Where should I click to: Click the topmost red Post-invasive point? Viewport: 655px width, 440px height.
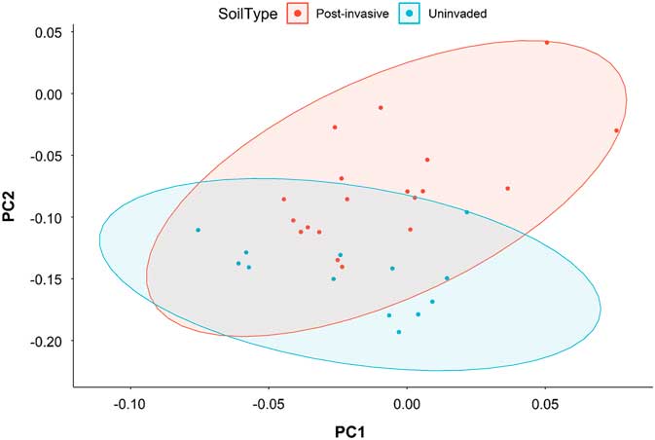pyautogui.click(x=547, y=43)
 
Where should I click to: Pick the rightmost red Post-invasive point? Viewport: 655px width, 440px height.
pyautogui.click(x=616, y=130)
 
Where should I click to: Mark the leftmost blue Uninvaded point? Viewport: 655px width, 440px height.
pyautogui.click(x=198, y=230)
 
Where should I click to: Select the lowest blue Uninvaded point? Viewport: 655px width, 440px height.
pyautogui.click(x=398, y=332)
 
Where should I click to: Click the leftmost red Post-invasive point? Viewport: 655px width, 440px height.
pyautogui.click(x=284, y=200)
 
